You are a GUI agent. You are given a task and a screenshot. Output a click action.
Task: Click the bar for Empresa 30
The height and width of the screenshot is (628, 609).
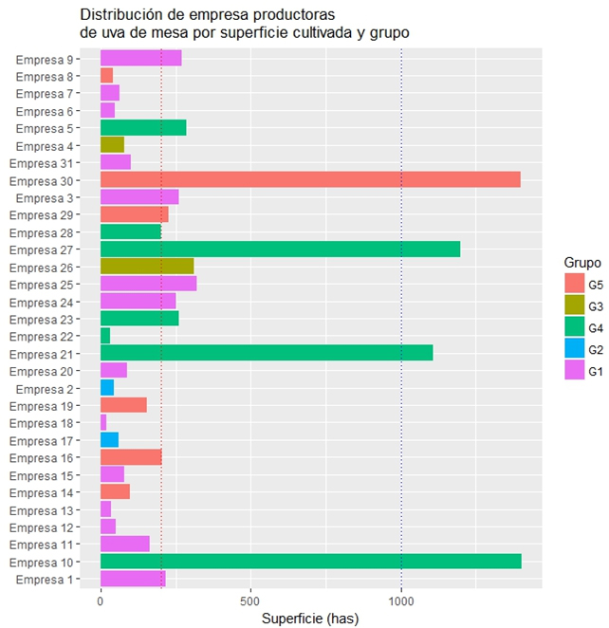tap(310, 180)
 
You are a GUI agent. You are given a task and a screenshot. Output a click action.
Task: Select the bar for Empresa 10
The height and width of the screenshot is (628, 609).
tap(310, 562)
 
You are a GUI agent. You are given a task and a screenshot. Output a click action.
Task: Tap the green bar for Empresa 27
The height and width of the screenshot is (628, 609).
tap(280, 249)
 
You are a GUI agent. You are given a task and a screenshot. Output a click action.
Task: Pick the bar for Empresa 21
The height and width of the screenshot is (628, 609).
tap(267, 353)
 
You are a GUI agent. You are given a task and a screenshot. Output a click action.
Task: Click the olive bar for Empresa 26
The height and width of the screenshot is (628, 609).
tap(147, 267)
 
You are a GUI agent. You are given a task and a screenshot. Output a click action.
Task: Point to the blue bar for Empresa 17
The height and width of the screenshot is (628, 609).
tap(109, 440)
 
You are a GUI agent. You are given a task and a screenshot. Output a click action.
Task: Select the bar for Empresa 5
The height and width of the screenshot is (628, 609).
tap(143, 128)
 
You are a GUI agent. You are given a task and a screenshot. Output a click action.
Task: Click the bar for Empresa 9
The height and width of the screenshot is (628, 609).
tap(140, 59)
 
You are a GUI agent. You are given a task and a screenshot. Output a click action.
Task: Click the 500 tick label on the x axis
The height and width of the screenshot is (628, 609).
tap(250, 600)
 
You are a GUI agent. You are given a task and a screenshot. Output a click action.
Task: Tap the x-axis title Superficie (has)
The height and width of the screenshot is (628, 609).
tap(309, 619)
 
